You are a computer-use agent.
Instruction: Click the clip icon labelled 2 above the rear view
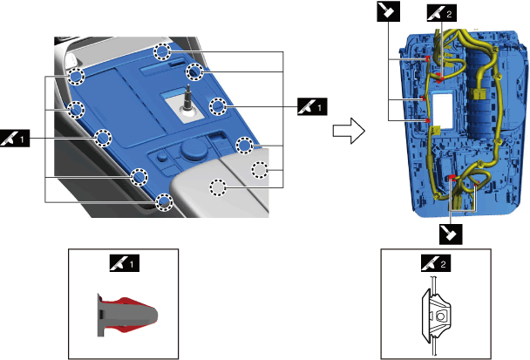[x=441, y=13]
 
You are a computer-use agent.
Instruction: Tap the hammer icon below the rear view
[x=450, y=233]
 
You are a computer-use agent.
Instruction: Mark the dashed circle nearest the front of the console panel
[x=163, y=203]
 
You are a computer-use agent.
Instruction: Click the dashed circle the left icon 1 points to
[x=103, y=137]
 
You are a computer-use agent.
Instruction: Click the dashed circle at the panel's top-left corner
[x=77, y=78]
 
